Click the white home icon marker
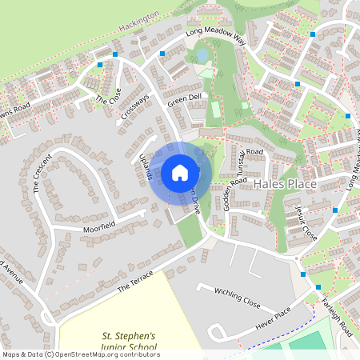point(180,172)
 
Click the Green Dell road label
point(184,101)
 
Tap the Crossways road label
point(136,107)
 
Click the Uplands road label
point(145,166)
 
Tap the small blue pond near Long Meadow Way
point(200,54)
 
